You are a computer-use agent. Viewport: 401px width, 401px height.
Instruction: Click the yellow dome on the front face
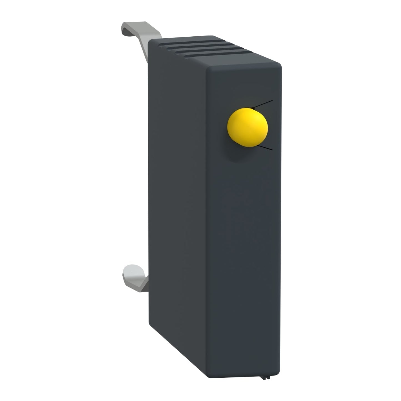click(247, 128)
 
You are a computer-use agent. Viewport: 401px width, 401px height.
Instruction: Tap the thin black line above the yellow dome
click(264, 104)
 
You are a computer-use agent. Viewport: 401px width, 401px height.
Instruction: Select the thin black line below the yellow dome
click(265, 147)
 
